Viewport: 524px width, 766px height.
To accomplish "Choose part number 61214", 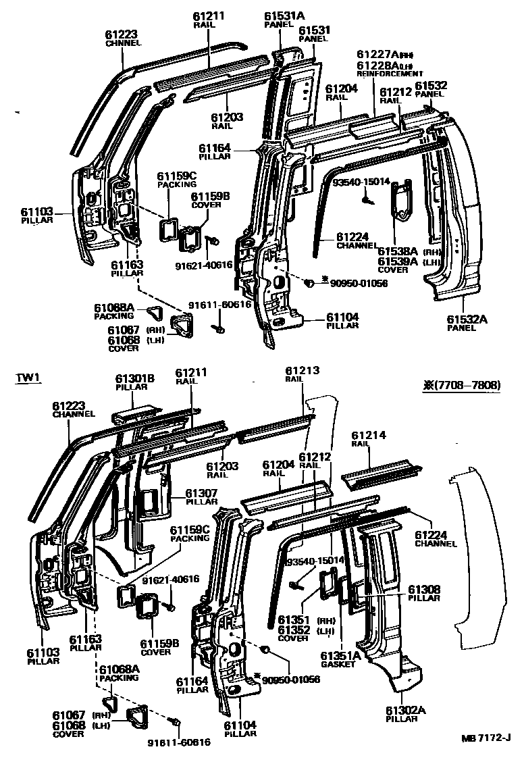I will tap(369, 436).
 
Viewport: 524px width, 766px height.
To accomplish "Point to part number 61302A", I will tap(407, 710).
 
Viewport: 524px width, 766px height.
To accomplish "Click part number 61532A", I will tap(462, 319).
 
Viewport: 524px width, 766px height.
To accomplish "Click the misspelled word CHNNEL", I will tap(124, 43).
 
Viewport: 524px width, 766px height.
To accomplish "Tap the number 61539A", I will tap(396, 261).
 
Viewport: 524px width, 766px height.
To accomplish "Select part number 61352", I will tap(293, 630).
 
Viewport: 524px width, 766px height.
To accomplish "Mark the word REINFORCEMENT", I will tap(390, 74).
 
